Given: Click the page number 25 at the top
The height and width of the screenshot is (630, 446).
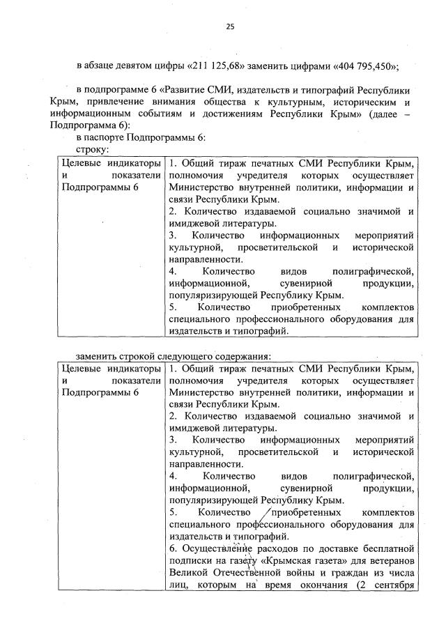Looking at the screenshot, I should pos(229,26).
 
